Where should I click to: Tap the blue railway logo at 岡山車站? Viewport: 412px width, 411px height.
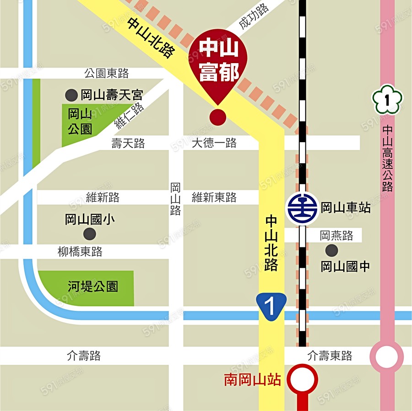click(x=302, y=208)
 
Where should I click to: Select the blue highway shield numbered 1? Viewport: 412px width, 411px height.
click(x=271, y=305)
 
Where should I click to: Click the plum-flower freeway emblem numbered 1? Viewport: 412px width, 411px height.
click(x=387, y=100)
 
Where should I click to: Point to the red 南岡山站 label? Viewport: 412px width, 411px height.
click(x=252, y=380)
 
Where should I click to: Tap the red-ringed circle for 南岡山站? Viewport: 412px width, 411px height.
click(x=302, y=379)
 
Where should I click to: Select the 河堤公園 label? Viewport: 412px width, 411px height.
click(x=93, y=287)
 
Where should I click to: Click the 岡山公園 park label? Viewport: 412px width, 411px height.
click(x=80, y=122)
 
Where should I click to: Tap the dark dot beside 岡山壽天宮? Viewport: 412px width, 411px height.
click(x=71, y=95)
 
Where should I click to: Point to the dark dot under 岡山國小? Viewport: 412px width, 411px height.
click(x=90, y=235)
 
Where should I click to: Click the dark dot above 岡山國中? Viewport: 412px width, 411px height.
click(x=331, y=250)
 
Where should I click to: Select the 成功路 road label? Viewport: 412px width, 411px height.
click(x=254, y=18)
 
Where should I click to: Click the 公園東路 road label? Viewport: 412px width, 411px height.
click(x=107, y=73)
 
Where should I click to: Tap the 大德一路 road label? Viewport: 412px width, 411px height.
click(x=214, y=143)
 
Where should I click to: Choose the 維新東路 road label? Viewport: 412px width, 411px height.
click(x=214, y=197)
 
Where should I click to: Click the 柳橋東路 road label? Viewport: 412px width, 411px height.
click(x=80, y=251)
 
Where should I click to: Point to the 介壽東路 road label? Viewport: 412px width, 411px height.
click(x=330, y=356)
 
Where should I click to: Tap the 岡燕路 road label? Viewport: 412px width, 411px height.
click(x=336, y=235)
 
